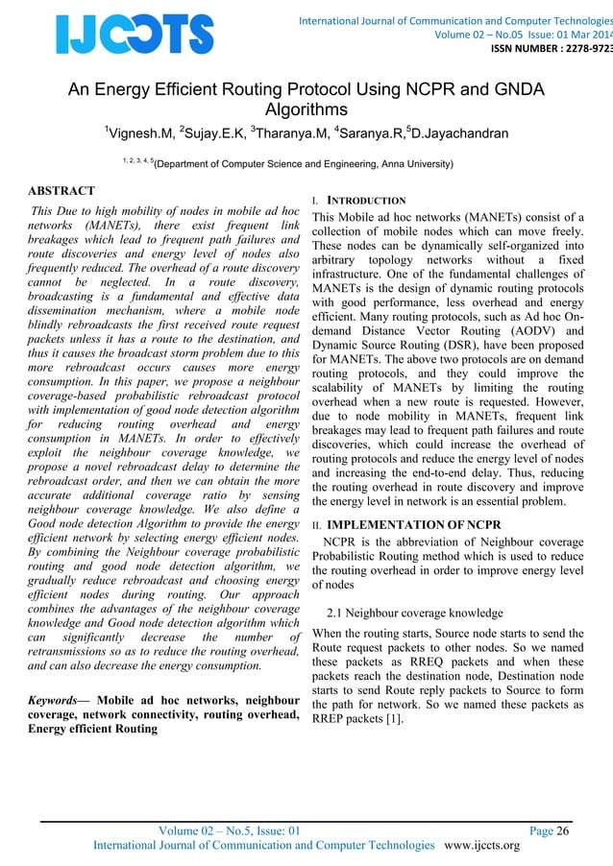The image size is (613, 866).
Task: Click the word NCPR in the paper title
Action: [x=415, y=90]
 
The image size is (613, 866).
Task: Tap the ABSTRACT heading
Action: [x=61, y=191]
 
